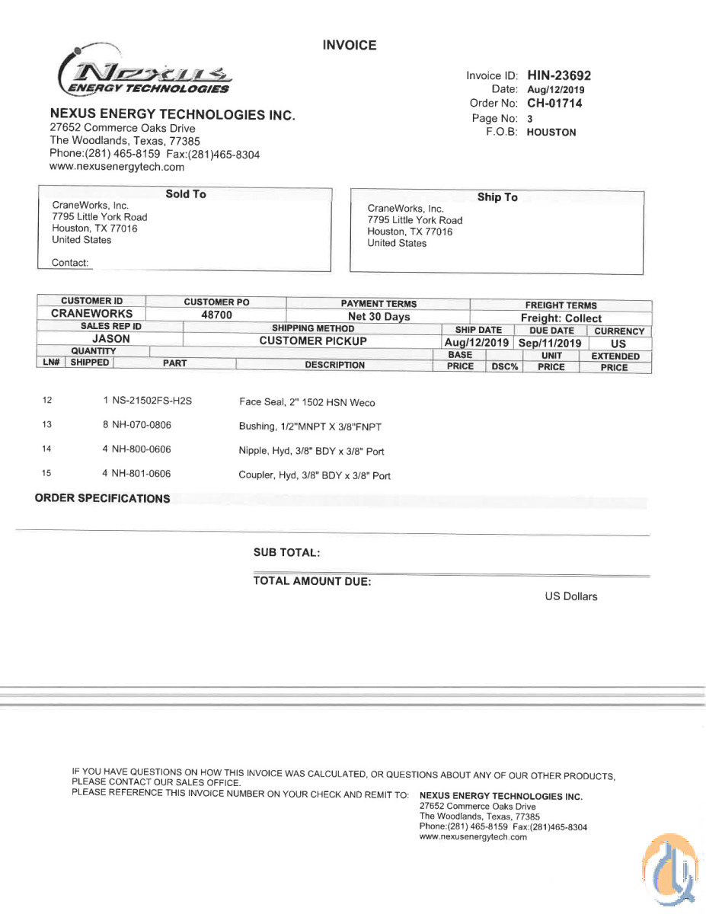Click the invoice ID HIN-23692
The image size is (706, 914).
558,75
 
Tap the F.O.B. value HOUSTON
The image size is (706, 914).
551,133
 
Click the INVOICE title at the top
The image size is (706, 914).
350,46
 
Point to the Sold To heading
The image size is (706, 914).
186,194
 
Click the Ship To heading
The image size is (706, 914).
497,197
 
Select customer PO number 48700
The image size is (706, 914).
216,315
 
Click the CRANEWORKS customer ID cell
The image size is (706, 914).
91,314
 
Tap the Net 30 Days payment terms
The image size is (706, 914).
379,317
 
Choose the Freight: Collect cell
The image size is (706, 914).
561,318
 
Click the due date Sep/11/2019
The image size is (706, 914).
551,344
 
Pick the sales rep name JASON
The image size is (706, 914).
111,339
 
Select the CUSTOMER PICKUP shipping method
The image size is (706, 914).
313,341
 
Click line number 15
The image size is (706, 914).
46,474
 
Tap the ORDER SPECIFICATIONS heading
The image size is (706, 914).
102,499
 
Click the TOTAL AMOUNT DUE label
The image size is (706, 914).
312,581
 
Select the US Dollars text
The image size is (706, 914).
571,596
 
